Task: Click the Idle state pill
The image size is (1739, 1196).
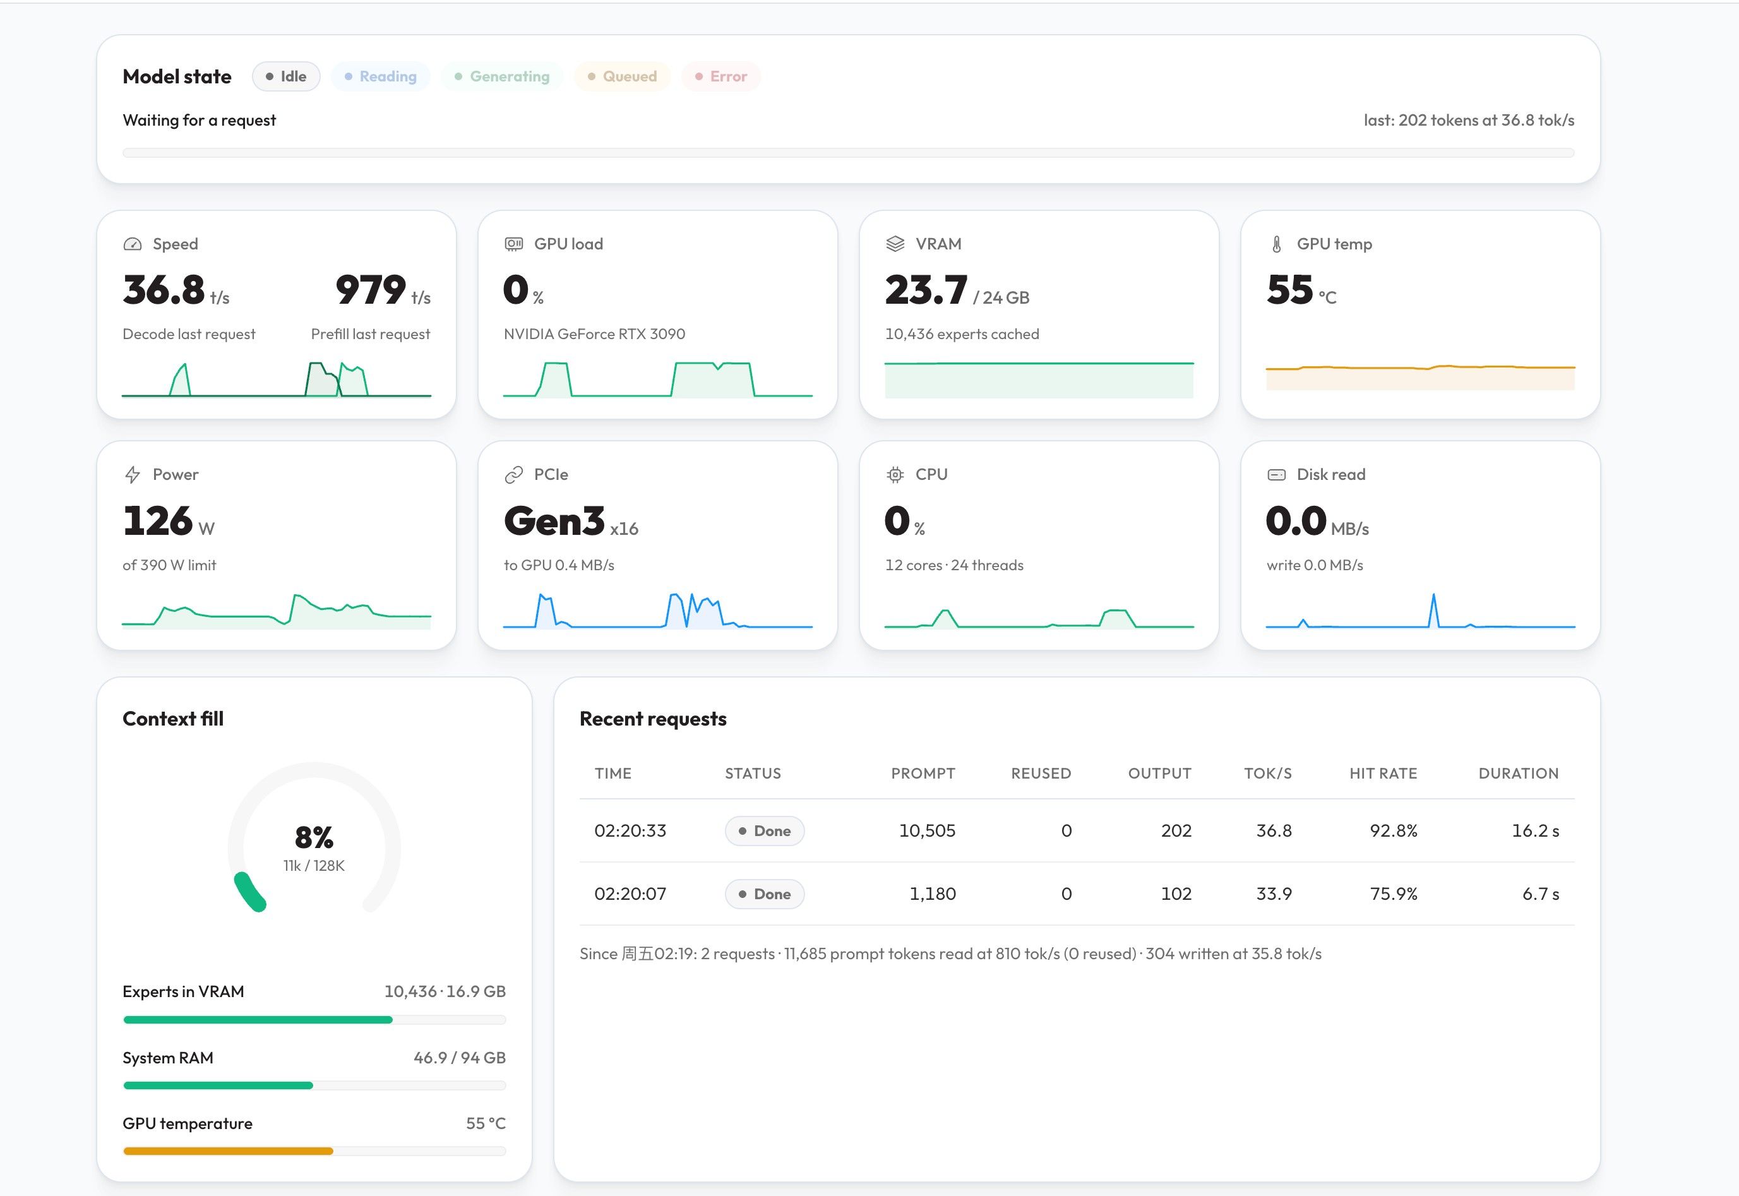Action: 286,76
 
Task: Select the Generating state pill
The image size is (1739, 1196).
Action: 502,76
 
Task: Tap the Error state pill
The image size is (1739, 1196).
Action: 720,76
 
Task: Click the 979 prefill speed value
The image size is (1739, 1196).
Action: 370,290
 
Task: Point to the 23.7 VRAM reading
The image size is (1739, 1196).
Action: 926,290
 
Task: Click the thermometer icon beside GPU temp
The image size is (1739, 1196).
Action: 1277,244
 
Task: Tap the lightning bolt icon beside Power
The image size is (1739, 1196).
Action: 133,474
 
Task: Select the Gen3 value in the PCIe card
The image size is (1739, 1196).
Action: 554,521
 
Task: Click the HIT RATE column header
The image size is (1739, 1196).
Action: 1383,774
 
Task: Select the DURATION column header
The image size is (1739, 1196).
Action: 1519,774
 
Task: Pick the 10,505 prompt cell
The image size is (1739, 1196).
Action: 927,830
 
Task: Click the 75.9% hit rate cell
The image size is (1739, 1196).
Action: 1394,894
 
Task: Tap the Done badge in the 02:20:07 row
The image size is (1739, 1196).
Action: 764,894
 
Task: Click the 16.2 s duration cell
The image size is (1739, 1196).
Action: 1535,830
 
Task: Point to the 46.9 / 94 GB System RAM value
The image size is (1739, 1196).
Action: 459,1057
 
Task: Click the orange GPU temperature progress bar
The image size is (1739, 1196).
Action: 228,1151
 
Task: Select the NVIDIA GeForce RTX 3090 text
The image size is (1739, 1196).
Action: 594,334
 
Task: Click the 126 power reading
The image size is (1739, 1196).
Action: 157,521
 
